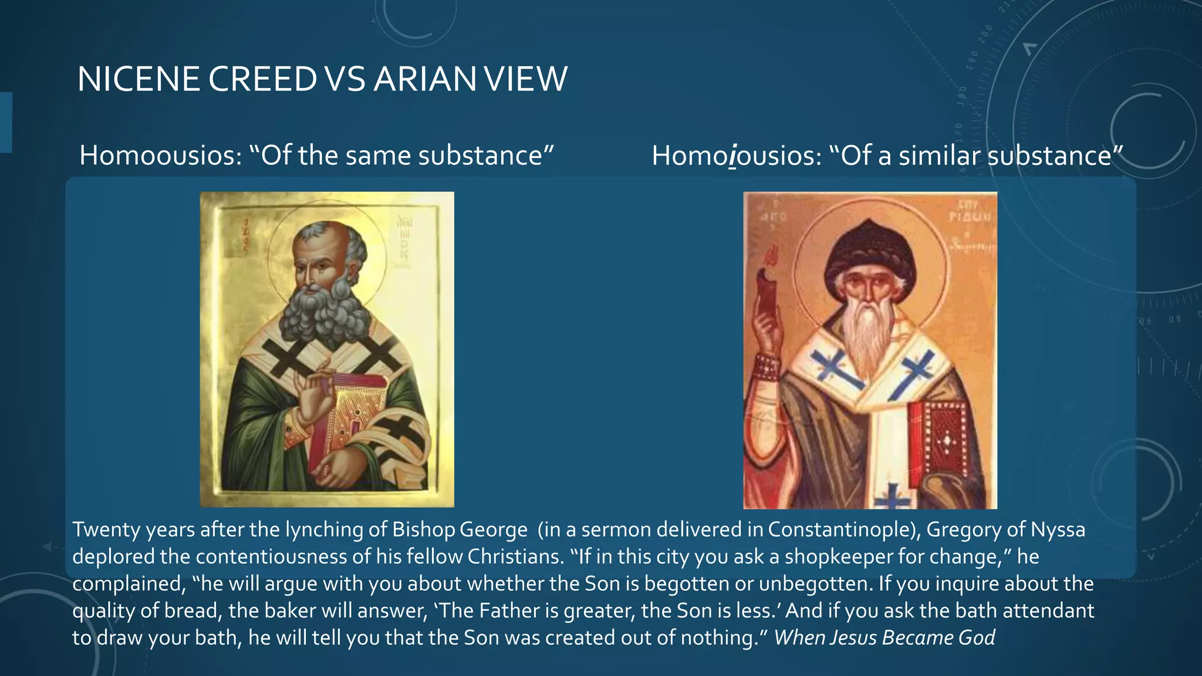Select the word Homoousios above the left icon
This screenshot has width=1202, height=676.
click(160, 156)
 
